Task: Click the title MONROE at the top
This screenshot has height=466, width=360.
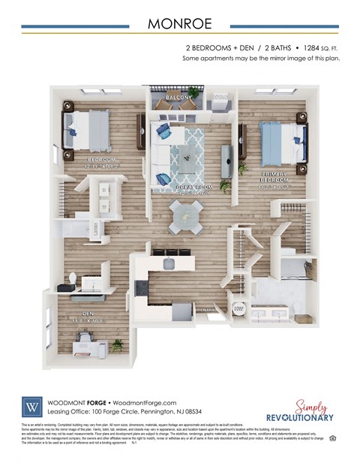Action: click(179, 23)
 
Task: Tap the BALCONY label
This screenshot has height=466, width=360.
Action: click(178, 98)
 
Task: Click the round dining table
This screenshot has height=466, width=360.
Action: click(184, 216)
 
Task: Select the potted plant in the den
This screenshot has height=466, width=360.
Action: click(117, 344)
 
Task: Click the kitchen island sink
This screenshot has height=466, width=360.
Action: click(169, 263)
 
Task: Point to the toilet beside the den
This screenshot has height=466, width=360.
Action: click(73, 280)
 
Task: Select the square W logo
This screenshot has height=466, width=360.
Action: click(32, 407)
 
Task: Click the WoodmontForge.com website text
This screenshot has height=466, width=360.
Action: click(143, 402)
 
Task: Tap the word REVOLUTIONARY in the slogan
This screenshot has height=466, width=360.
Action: click(299, 416)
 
